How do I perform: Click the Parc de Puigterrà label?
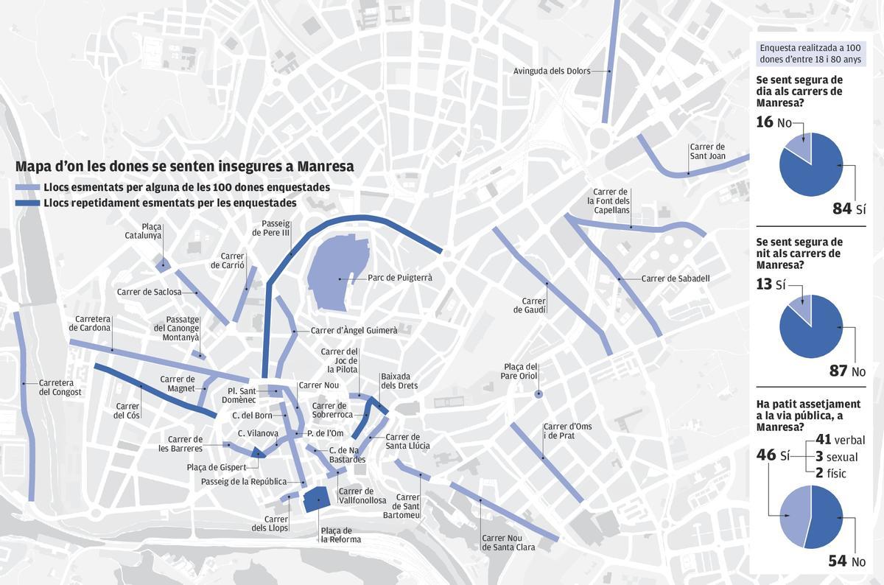pyautogui.click(x=400, y=279)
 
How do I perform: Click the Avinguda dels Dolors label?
pyautogui.click(x=552, y=71)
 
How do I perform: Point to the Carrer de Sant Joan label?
pyautogui.click(x=707, y=152)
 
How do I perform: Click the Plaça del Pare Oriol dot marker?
pyautogui.click(x=539, y=394)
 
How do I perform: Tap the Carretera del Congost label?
pyautogui.click(x=60, y=388)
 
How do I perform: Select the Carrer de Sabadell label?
pyautogui.click(x=675, y=279)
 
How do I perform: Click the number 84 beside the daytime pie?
pyautogui.click(x=841, y=209)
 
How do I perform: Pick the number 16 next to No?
pyautogui.click(x=765, y=122)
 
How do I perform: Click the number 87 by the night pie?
pyautogui.click(x=838, y=371)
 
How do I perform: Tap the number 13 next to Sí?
pyautogui.click(x=765, y=284)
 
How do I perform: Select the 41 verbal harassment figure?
pyautogui.click(x=823, y=440)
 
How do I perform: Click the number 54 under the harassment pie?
pyautogui.click(x=838, y=561)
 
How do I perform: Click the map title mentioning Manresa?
pyautogui.click(x=184, y=167)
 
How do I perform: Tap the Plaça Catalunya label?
pyautogui.click(x=152, y=231)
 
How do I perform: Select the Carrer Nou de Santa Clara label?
pyautogui.click(x=508, y=542)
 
